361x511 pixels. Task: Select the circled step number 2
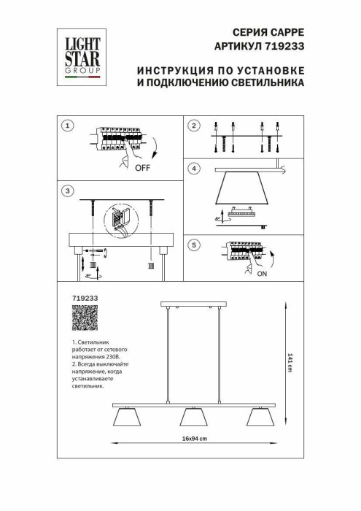(193, 126)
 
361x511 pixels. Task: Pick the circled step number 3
(67, 191)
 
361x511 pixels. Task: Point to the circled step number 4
(193, 169)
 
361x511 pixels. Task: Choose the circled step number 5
(193, 245)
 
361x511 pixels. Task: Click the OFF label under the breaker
(143, 167)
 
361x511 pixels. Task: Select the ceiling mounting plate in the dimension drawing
(193, 304)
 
